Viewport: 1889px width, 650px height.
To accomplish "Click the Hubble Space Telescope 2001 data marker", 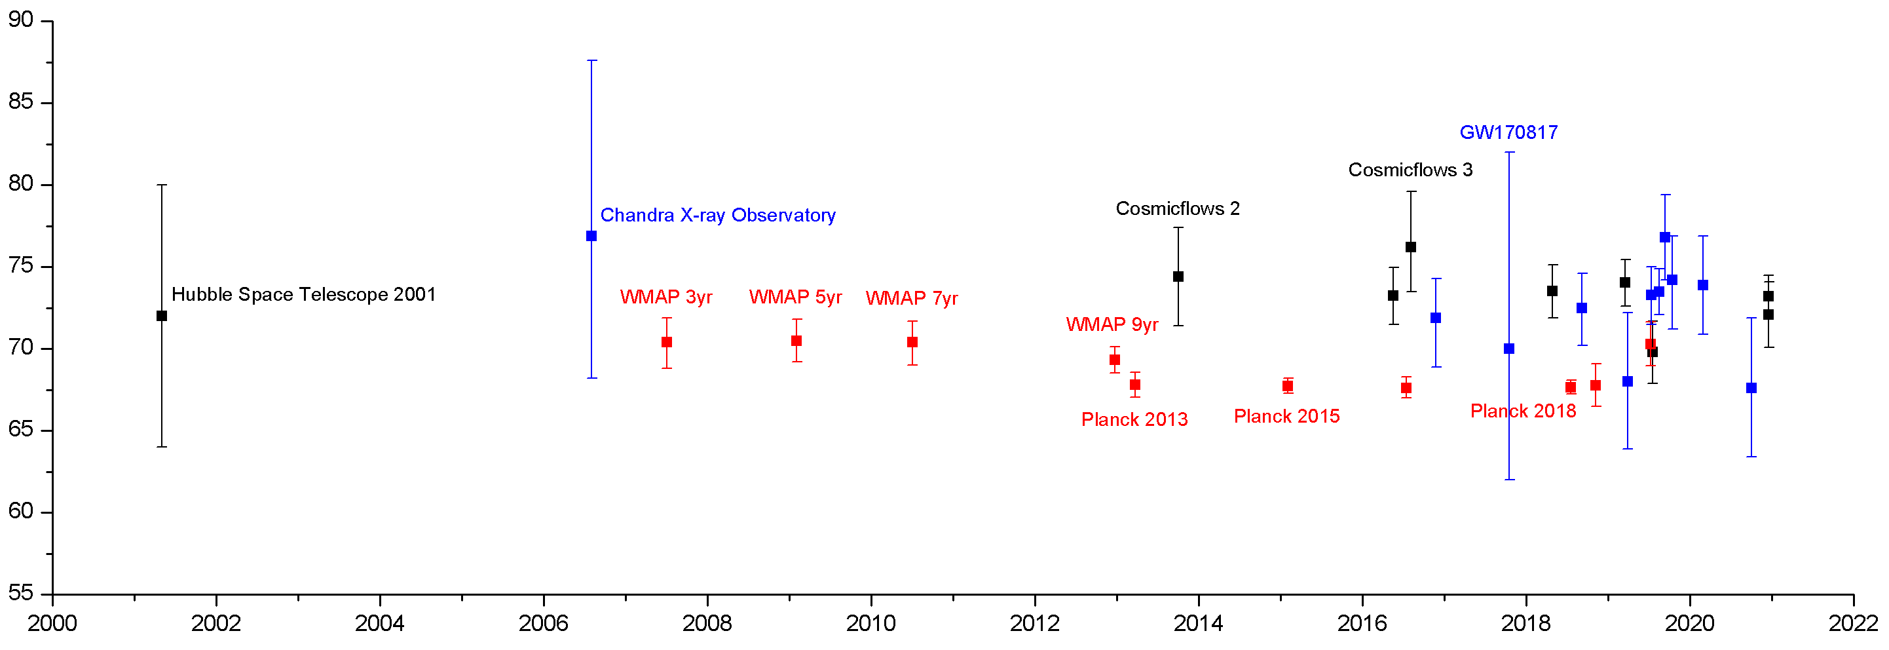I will pyautogui.click(x=162, y=316).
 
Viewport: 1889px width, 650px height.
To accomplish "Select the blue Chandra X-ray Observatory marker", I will pyautogui.click(x=591, y=237).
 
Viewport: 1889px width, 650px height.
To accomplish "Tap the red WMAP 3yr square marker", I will pyautogui.click(x=667, y=343).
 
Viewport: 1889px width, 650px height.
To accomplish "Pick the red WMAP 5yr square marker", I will pyautogui.click(x=796, y=341).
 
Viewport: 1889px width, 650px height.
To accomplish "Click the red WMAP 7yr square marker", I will pyautogui.click(x=912, y=343).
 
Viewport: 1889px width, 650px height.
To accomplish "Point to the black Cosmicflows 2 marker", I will pyautogui.click(x=1178, y=277).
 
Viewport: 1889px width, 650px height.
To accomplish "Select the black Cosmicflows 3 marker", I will pyautogui.click(x=1411, y=247).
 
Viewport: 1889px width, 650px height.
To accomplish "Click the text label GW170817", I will pyautogui.click(x=1508, y=133).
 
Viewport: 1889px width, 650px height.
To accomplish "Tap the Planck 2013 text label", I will pyautogui.click(x=1134, y=419).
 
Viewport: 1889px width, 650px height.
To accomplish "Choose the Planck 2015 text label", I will pyautogui.click(x=1287, y=417).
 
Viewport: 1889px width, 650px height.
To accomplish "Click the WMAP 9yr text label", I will pyautogui.click(x=1112, y=325).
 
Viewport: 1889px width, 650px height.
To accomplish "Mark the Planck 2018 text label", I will pyautogui.click(x=1523, y=411).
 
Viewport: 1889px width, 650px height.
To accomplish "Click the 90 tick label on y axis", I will pyautogui.click(x=21, y=20).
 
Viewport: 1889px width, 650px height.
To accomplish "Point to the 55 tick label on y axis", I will pyautogui.click(x=21, y=594).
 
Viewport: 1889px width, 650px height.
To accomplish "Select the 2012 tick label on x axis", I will pyautogui.click(x=1035, y=624).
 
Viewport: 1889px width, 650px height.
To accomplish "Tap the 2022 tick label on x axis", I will pyautogui.click(x=1853, y=624).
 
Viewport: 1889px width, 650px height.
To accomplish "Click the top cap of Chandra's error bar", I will pyautogui.click(x=593, y=61).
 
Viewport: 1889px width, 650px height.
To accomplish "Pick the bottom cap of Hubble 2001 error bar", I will pyautogui.click(x=162, y=447).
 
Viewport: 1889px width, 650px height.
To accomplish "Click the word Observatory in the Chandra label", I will pyautogui.click(x=783, y=216).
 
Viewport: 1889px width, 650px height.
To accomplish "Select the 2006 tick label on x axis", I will pyautogui.click(x=544, y=624).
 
